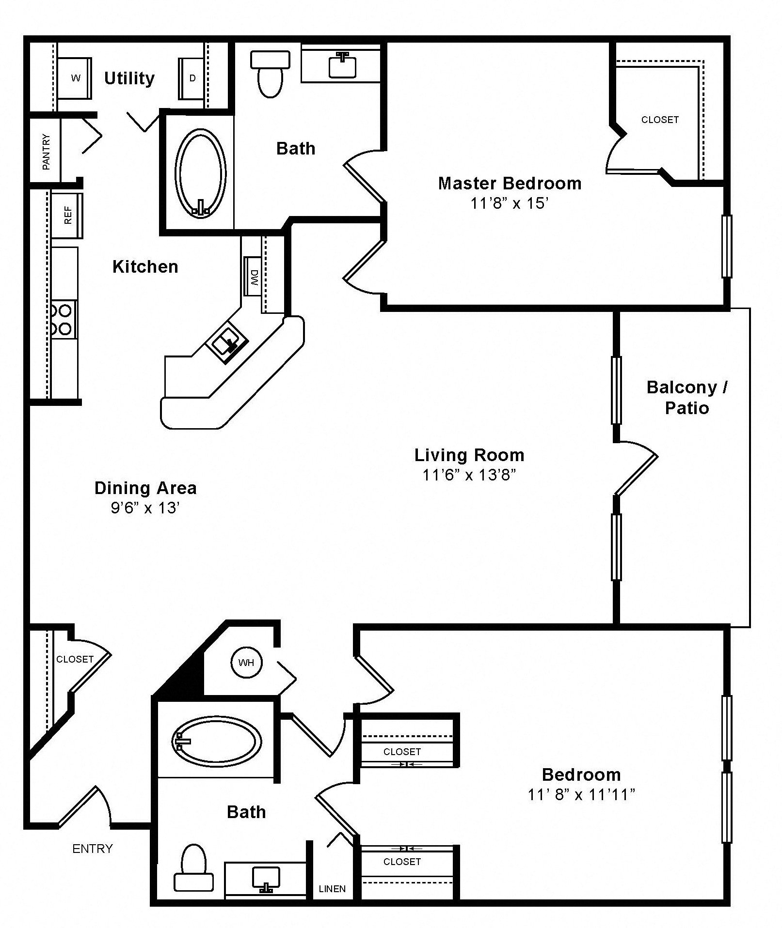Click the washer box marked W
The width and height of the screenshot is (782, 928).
(x=75, y=78)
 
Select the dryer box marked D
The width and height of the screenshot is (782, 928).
(x=192, y=78)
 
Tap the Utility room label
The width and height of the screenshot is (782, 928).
(x=129, y=78)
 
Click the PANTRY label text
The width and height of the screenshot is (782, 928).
(x=46, y=152)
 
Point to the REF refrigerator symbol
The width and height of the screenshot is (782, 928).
(x=67, y=215)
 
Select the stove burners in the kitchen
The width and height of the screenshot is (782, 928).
(x=63, y=319)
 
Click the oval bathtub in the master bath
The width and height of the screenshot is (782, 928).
(x=200, y=173)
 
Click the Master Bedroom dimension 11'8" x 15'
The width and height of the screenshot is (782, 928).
(x=509, y=203)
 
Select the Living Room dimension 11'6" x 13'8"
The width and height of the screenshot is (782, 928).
(x=469, y=475)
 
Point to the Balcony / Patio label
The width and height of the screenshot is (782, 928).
(x=686, y=397)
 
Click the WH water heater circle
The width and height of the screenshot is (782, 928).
(x=246, y=662)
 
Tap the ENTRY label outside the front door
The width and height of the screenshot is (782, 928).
(x=92, y=849)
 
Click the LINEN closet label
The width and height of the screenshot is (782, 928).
(x=332, y=889)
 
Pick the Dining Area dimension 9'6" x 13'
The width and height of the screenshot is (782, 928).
(x=145, y=508)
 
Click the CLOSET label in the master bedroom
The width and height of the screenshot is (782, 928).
(x=659, y=120)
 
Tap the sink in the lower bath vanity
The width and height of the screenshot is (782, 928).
(x=266, y=879)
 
